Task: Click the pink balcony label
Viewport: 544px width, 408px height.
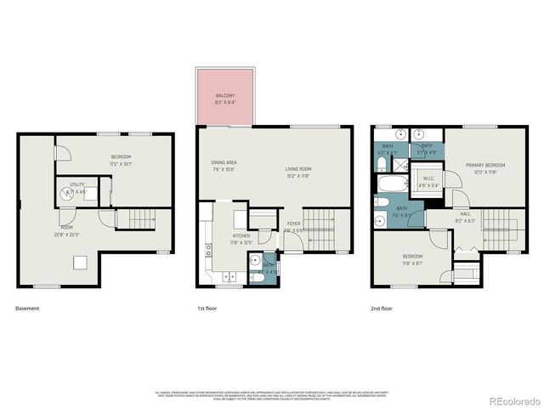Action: click(224, 99)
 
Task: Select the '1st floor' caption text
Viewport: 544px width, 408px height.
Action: click(207, 307)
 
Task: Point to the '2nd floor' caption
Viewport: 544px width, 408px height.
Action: click(381, 307)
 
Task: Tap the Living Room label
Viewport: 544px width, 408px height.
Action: click(298, 172)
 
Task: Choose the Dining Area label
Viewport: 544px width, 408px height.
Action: click(224, 165)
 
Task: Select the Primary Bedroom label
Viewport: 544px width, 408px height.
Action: click(484, 167)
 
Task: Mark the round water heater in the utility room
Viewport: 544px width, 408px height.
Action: click(68, 194)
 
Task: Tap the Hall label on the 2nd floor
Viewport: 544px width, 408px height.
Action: click(465, 217)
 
